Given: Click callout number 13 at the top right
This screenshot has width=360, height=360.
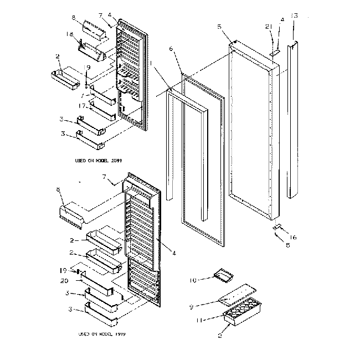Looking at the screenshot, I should pos(294,16).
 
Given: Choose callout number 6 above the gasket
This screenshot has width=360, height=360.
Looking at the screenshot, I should pos(171,49).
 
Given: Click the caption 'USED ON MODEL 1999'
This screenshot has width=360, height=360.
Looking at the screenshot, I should pos(101,335).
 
